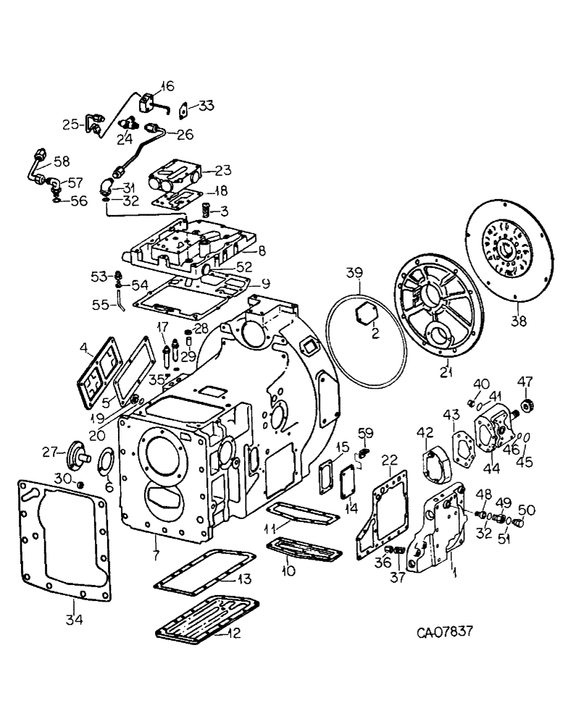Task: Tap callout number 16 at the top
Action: [x=168, y=86]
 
